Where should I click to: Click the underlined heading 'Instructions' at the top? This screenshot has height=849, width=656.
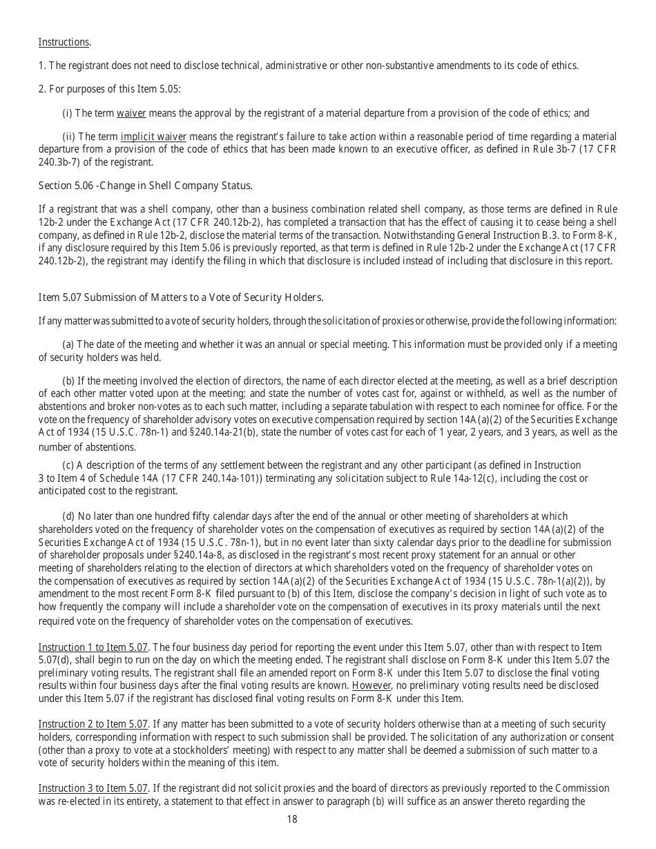[64, 42]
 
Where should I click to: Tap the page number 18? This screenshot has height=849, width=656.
[291, 819]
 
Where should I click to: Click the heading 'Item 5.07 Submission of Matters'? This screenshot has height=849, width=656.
[181, 297]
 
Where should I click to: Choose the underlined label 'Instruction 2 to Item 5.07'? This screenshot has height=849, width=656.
[93, 724]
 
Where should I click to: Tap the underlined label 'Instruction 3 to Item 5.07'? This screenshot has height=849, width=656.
[93, 788]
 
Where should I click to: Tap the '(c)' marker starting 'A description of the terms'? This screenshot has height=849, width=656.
[68, 466]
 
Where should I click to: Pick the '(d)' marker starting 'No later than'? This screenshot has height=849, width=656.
[68, 516]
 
